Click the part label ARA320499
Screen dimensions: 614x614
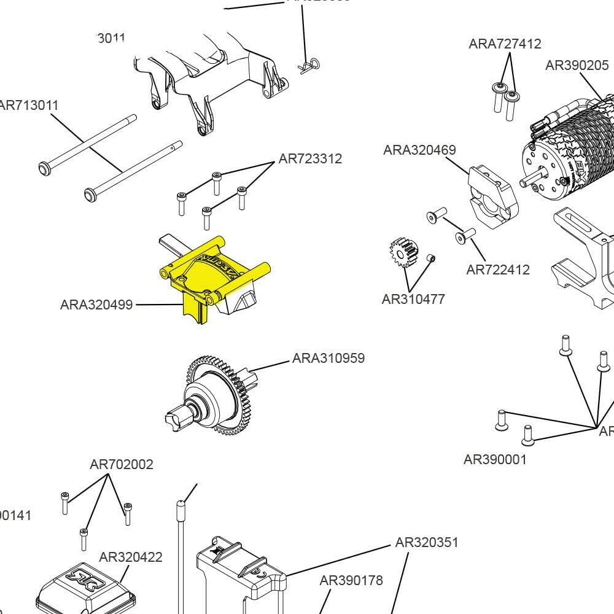[x=96, y=305]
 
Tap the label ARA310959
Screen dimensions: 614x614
[x=328, y=358]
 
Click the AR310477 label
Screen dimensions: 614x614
[x=413, y=300]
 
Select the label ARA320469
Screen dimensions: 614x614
[x=419, y=150]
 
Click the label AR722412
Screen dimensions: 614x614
[x=498, y=270]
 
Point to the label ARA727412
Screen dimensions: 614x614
[x=505, y=44]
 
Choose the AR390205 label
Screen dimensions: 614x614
[x=577, y=65]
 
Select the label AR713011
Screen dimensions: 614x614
[x=29, y=105]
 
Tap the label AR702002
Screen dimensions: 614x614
[x=122, y=465]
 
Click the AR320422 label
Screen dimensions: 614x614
[x=131, y=557]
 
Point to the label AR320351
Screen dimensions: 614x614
[x=427, y=543]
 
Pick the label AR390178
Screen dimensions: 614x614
[x=351, y=580]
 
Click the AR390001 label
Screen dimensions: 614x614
[x=495, y=459]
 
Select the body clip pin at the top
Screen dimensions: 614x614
[x=310, y=64]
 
